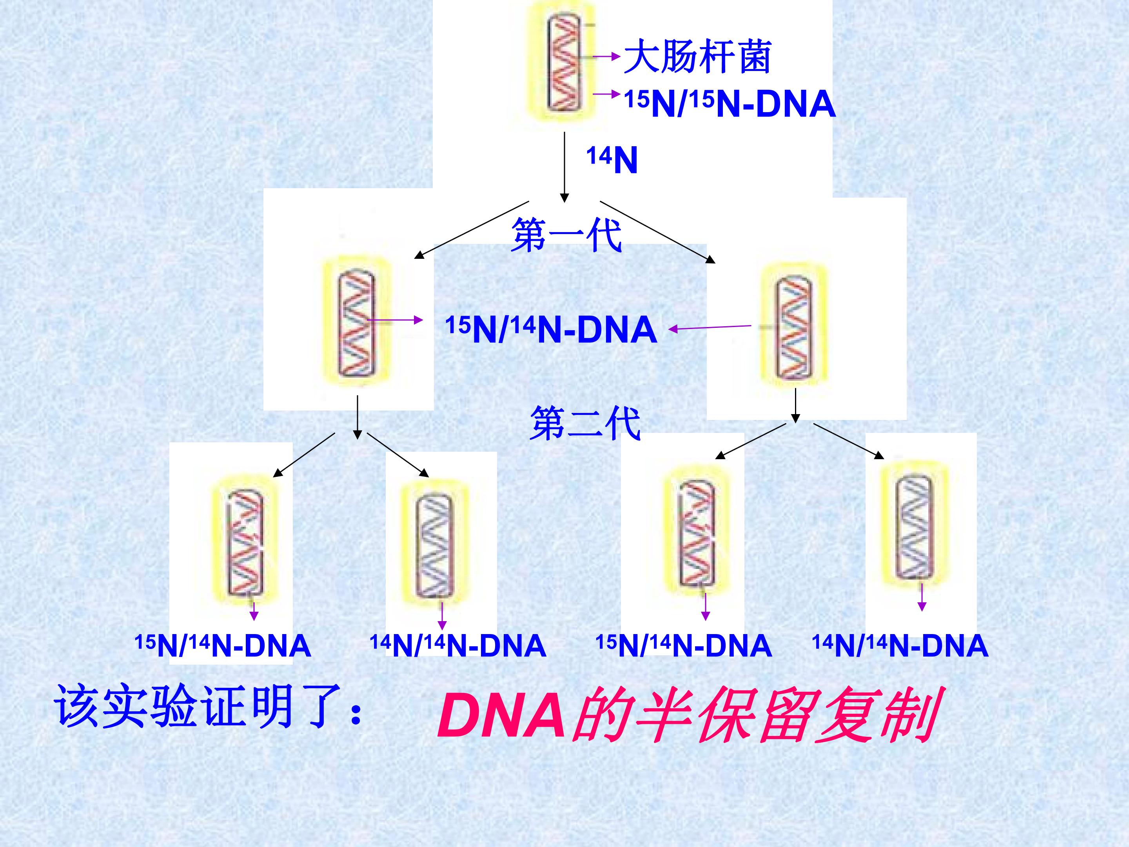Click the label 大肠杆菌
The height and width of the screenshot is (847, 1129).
(x=697, y=56)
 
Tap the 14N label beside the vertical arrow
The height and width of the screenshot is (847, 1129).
(x=612, y=160)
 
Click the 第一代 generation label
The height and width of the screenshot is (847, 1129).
(x=566, y=235)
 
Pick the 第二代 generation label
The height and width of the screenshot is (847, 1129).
(x=585, y=423)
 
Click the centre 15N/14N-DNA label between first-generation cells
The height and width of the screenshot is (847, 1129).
(x=551, y=329)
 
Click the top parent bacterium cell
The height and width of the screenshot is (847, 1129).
(x=563, y=62)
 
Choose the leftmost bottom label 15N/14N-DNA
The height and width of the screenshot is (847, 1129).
(x=223, y=646)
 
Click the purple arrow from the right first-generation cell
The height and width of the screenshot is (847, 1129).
(x=710, y=327)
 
